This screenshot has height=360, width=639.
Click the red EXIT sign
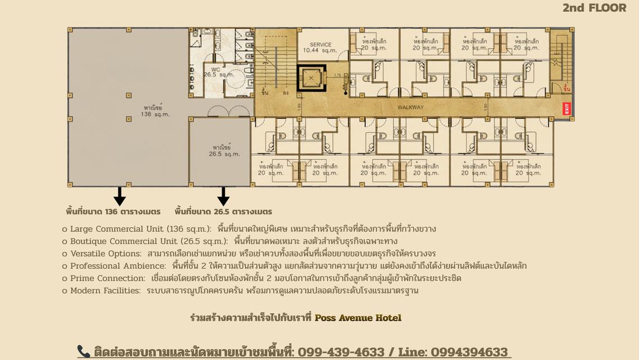pos(566,109)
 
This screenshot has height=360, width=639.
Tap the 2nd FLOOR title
pos(594,8)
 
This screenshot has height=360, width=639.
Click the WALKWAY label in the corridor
pos(411,107)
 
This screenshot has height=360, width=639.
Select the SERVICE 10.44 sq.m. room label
pos(320,47)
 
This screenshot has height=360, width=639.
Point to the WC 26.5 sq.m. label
pos(218,72)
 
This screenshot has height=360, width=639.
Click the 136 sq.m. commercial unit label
pos(155,110)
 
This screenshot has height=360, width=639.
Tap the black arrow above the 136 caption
pos(119,196)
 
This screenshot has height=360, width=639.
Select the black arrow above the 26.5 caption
pos(223,196)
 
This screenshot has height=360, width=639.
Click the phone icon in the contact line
pos(83,352)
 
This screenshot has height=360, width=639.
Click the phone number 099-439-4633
pos(341,352)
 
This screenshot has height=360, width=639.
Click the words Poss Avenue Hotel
pos(358,318)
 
